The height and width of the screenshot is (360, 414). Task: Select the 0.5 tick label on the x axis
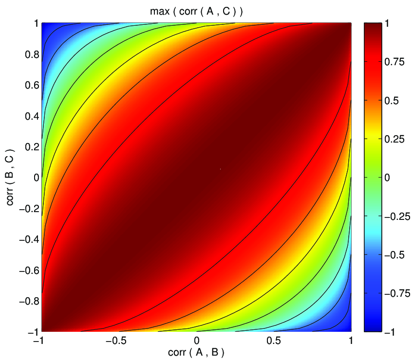[274, 341]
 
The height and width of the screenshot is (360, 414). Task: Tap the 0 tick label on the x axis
[196, 341]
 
